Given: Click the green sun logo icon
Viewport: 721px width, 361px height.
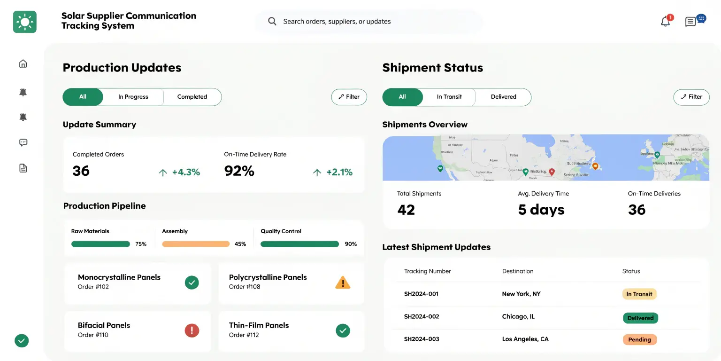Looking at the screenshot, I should point(24,22).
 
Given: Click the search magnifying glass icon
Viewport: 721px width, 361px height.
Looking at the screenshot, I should point(272,21).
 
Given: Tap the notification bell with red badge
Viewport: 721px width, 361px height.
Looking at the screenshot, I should point(666,21).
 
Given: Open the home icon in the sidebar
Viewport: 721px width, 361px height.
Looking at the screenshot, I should point(23,63).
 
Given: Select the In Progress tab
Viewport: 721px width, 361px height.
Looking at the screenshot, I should point(133,97).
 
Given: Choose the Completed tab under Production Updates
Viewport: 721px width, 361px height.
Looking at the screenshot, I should point(192,97).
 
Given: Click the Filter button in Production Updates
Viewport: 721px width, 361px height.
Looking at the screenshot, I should point(349,97).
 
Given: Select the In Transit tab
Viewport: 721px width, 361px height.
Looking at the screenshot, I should point(449,97).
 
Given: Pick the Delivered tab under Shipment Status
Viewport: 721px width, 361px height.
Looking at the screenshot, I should point(503,97).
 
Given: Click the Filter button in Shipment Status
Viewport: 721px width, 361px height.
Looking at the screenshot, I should point(691,97).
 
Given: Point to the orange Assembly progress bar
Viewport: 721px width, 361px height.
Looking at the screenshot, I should point(196,244).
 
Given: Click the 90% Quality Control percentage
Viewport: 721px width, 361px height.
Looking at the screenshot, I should point(351,244).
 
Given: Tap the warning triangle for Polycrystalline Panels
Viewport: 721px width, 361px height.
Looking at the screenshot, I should point(343,283).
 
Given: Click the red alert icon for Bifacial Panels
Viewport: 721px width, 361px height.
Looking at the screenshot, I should point(192,330).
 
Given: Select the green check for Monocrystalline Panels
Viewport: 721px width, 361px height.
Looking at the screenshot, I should point(192,283).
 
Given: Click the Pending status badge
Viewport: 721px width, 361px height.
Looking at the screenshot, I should point(639,339).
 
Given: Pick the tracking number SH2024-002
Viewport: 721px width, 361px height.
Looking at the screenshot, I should point(422,317).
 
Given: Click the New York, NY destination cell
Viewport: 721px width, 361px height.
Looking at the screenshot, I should point(521,294).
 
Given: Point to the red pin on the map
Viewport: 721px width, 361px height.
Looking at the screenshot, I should point(552,172).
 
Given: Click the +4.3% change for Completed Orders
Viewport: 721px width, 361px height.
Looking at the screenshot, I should point(186,173).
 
